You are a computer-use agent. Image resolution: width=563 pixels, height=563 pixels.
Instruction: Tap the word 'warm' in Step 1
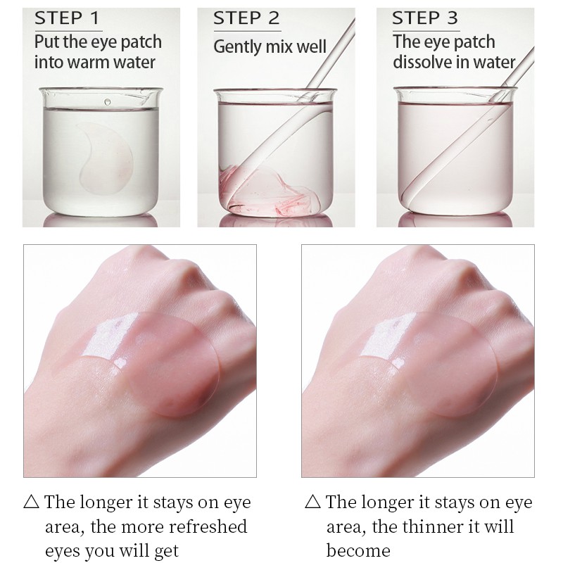click(92, 62)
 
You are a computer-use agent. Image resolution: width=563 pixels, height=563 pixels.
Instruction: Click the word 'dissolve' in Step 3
click(421, 62)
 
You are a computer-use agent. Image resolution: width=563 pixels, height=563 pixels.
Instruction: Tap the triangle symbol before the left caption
click(31, 502)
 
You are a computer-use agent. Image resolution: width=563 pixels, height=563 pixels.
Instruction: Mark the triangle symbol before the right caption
click(312, 502)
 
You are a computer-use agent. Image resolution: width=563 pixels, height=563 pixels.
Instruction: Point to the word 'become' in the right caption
click(358, 550)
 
